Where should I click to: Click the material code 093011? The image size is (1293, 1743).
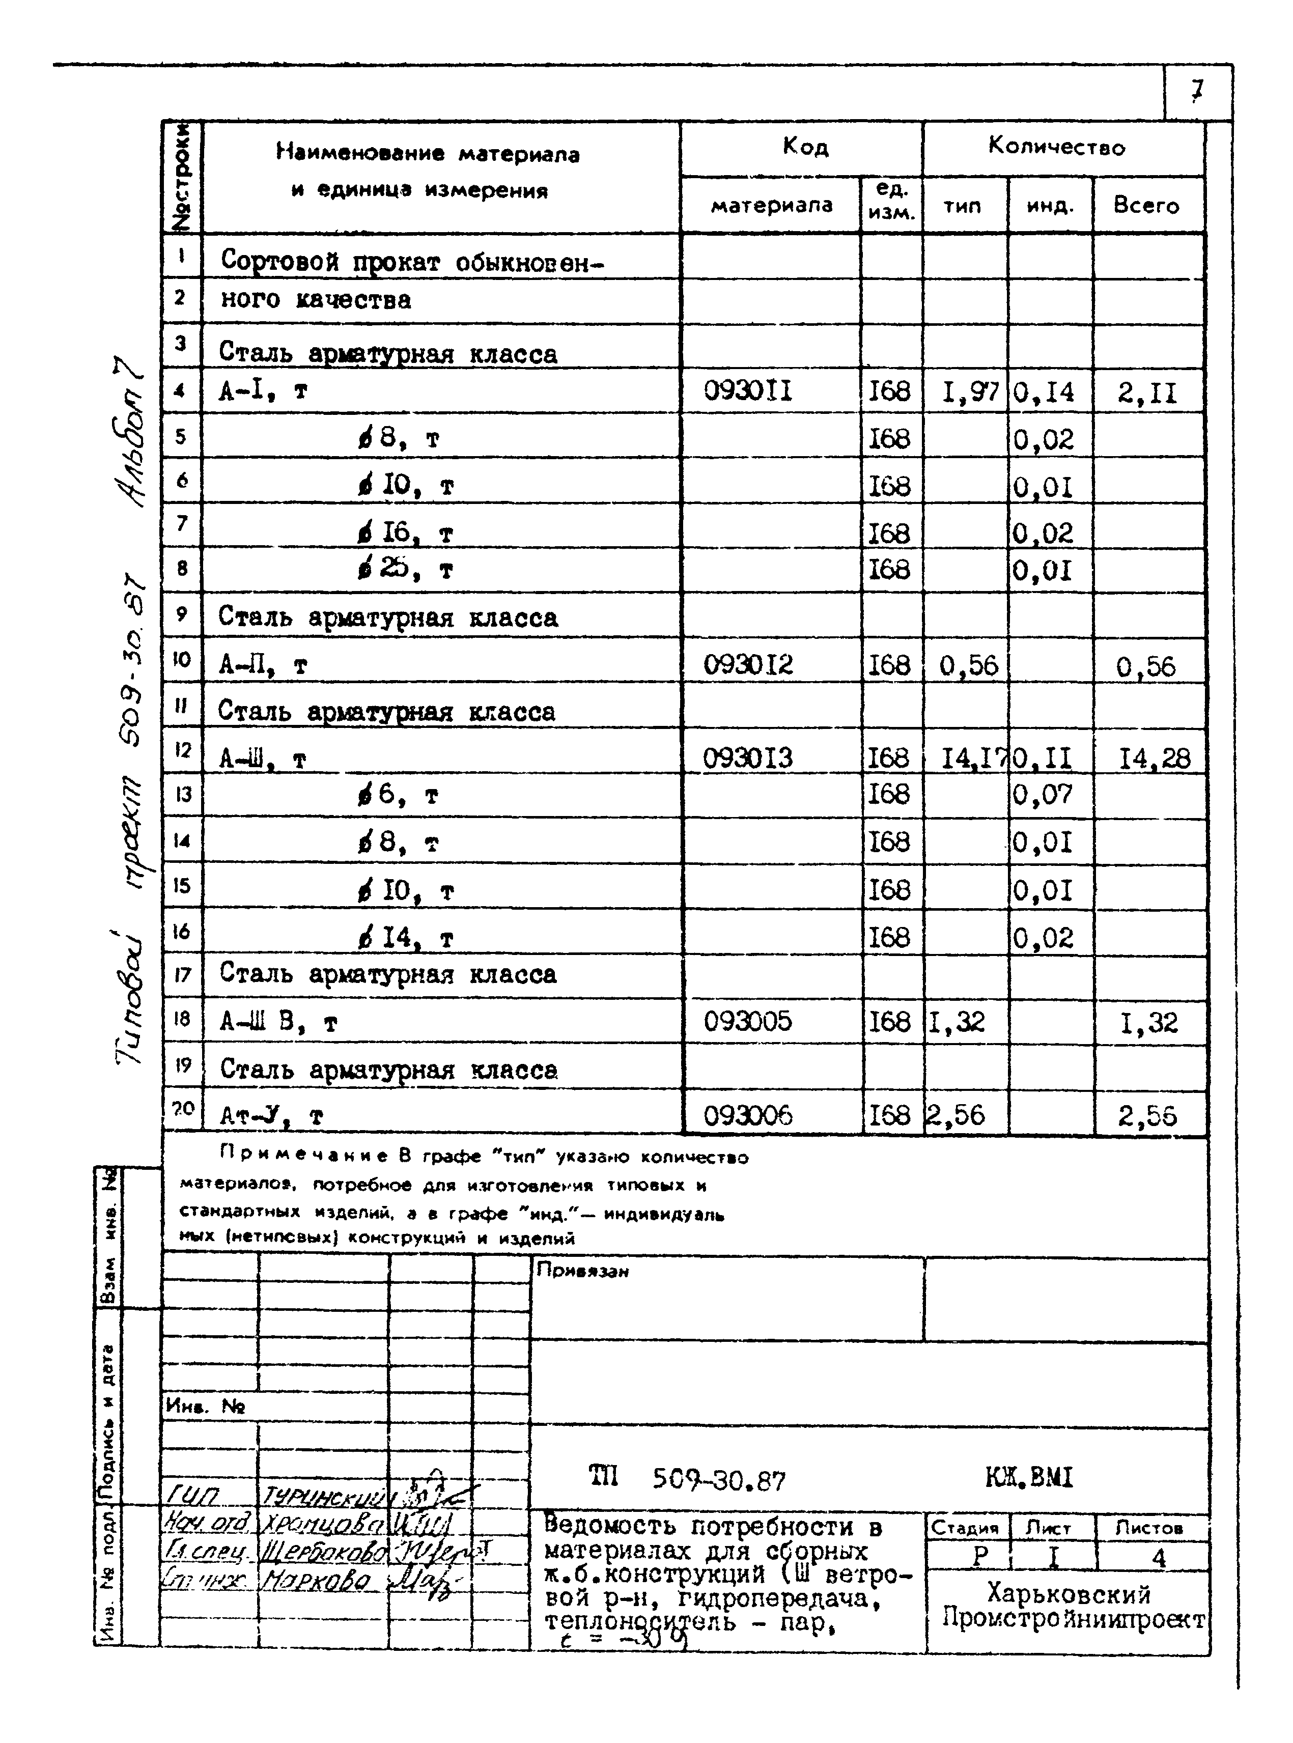tap(747, 390)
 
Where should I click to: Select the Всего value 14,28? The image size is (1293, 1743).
tap(1154, 757)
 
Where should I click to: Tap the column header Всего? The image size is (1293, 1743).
tap(1146, 205)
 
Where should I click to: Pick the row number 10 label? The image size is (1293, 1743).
tap(182, 659)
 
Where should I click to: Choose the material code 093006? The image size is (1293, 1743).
tap(747, 1114)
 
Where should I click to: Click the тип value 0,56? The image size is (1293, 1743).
tap(968, 665)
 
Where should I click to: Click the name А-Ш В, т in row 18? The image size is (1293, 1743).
tap(278, 1021)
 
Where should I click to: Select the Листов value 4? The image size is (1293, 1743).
tap(1159, 1558)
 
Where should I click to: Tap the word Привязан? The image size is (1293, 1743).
tap(582, 1271)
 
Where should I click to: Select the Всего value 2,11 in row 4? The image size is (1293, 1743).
tap(1146, 392)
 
